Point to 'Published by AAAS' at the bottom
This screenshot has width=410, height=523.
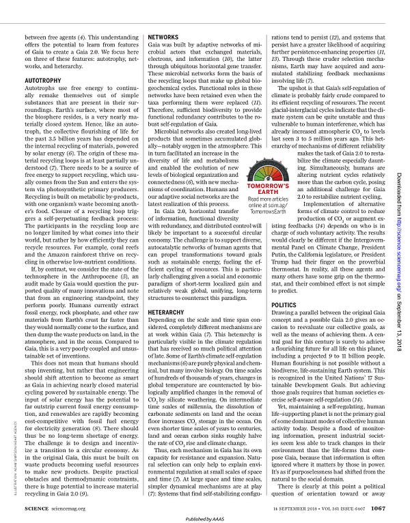pos(205,517)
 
